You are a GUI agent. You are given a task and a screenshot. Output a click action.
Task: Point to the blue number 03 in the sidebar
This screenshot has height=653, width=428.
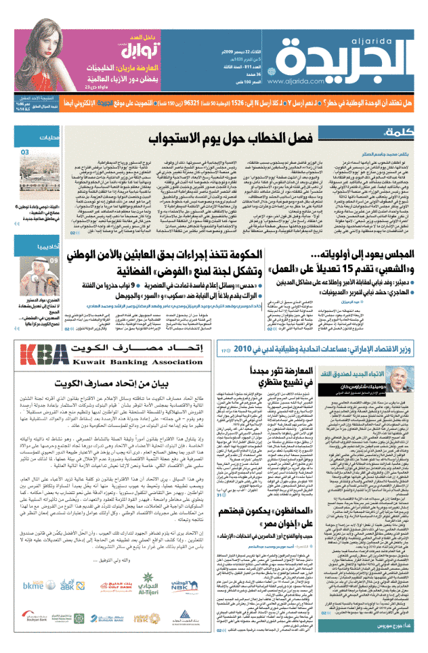25,153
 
